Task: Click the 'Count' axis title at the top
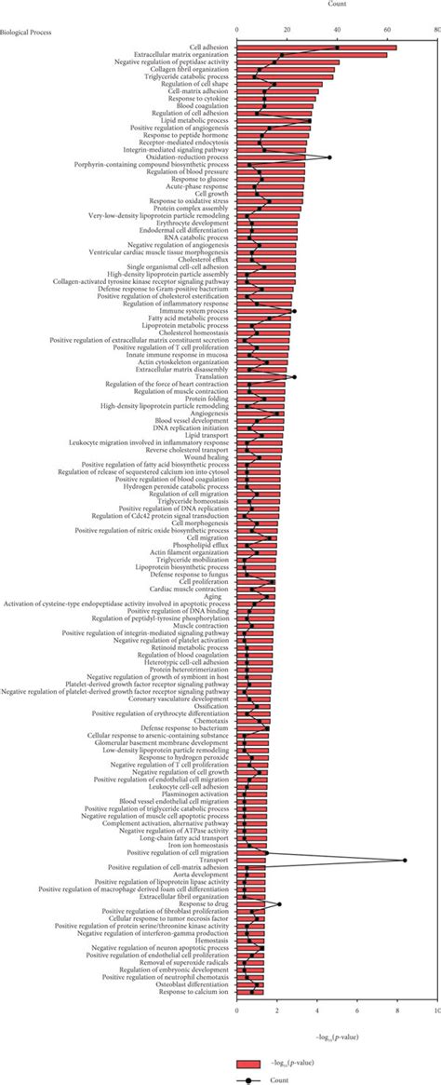point(338,5)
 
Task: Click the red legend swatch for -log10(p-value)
point(247,1037)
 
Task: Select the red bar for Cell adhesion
point(316,47)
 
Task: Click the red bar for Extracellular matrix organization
point(312,55)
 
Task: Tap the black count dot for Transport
point(405,861)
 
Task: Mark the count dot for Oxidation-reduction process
point(329,157)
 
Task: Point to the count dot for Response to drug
point(279,903)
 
